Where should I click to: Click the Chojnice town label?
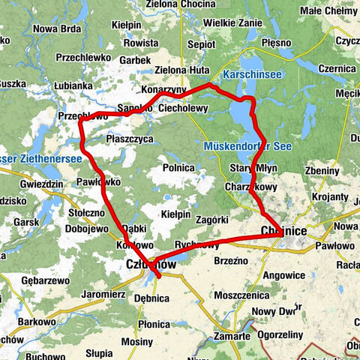click(283, 231)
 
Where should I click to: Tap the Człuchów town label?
click(151, 265)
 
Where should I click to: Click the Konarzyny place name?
click(163, 89)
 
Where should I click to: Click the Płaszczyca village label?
click(130, 139)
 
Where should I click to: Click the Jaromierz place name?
click(102, 294)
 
